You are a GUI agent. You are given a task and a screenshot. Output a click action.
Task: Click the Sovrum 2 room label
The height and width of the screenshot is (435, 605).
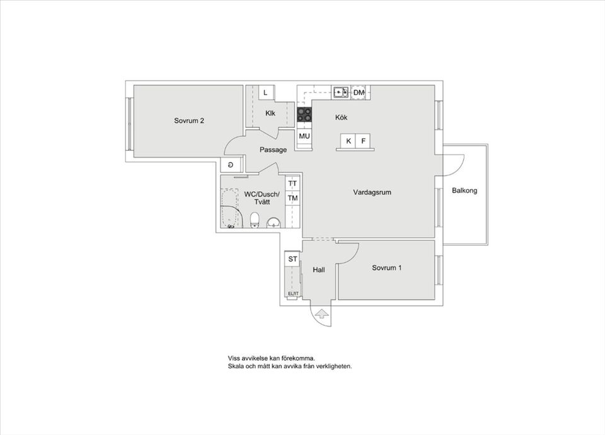[188, 121]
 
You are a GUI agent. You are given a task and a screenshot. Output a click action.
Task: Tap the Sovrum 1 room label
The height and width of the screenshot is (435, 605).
[386, 268]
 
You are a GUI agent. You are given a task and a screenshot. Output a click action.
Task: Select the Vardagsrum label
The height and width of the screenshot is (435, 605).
[372, 192]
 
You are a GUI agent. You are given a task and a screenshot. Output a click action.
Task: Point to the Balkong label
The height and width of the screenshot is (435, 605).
[464, 190]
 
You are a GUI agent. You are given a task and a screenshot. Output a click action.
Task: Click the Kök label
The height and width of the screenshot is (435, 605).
[341, 117]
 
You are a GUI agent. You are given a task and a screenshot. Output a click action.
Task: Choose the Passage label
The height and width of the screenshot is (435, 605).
[273, 150]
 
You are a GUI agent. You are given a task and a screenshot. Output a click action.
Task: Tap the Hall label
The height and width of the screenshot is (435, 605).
[319, 270]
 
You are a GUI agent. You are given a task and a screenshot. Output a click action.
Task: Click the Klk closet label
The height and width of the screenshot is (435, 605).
[270, 113]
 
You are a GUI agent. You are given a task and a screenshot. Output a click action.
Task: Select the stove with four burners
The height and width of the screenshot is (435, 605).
[304, 114]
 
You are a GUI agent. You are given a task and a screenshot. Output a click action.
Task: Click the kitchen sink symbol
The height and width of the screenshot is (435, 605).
[341, 92]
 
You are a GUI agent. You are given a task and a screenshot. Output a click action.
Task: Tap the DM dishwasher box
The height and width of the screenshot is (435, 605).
[359, 93]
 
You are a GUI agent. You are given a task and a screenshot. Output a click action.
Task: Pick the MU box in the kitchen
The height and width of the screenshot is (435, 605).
[304, 136]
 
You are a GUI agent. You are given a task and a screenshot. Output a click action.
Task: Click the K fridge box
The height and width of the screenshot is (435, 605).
[348, 141]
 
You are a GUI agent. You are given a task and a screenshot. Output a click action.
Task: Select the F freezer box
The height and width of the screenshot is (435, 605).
[363, 141]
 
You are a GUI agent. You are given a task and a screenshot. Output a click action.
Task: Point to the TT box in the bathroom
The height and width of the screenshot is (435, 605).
[292, 183]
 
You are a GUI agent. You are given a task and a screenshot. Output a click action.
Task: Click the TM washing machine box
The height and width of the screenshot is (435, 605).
[292, 199]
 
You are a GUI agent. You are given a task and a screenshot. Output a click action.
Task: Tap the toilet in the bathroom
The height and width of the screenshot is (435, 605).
[255, 220]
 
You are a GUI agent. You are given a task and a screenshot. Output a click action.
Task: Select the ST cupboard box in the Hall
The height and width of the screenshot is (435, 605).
[292, 259]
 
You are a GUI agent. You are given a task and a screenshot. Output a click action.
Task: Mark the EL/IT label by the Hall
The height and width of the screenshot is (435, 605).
[293, 294]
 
